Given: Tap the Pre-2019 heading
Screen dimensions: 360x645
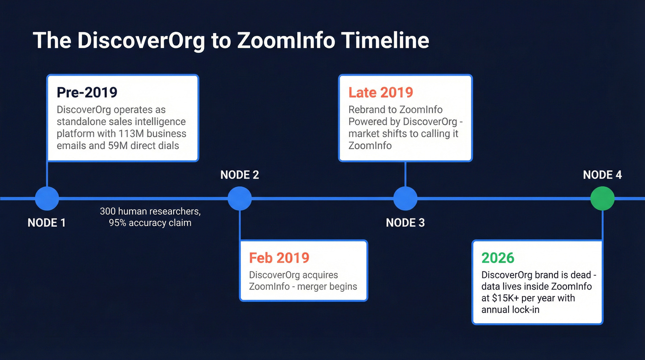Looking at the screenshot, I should click(87, 92).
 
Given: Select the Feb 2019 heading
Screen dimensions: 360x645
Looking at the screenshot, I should click(279, 257).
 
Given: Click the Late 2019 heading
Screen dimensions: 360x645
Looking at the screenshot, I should click(381, 92).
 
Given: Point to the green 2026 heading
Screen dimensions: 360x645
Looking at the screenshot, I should click(498, 257).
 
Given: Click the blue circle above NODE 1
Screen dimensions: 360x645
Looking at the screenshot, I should click(47, 199).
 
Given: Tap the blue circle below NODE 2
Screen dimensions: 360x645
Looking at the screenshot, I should click(240, 199).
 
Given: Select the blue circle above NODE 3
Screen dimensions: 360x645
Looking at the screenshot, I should click(405, 199).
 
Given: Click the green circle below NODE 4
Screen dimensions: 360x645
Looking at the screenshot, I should click(602, 199).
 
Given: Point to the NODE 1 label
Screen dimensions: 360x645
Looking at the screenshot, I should click(47, 223).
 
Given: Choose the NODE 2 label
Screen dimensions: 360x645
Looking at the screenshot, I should click(240, 175).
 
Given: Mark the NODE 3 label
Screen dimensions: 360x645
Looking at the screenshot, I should click(405, 223).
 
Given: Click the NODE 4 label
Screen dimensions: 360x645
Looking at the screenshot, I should click(602, 175).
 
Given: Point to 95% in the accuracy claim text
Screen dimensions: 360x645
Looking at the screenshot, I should click(118, 223).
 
